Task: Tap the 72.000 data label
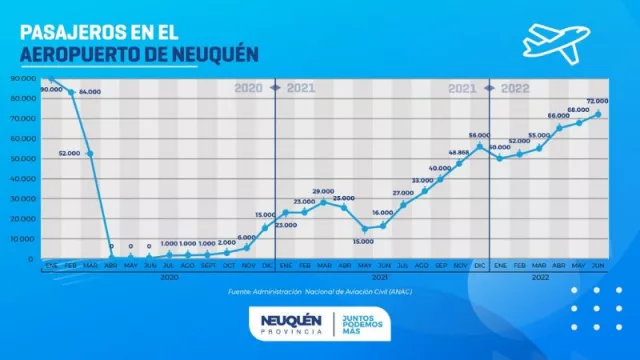coord(597,102)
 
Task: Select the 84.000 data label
coord(91,92)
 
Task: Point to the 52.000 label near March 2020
coord(69,153)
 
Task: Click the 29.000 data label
coord(323,191)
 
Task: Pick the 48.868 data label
coord(458,152)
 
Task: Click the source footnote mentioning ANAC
coord(320,292)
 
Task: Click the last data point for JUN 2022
coord(598,114)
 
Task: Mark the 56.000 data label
coord(478,135)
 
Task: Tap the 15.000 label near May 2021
coord(362,240)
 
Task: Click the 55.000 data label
coord(539,135)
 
